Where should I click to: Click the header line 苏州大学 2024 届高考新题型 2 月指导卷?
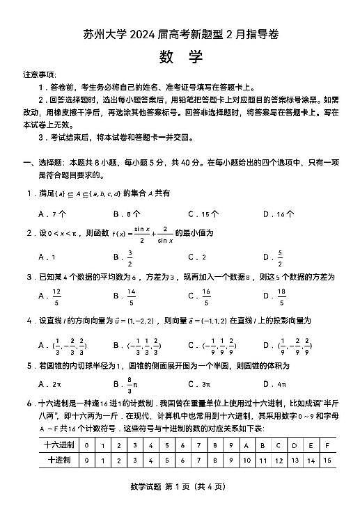coord(180,35)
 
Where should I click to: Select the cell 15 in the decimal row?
coord(327,460)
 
